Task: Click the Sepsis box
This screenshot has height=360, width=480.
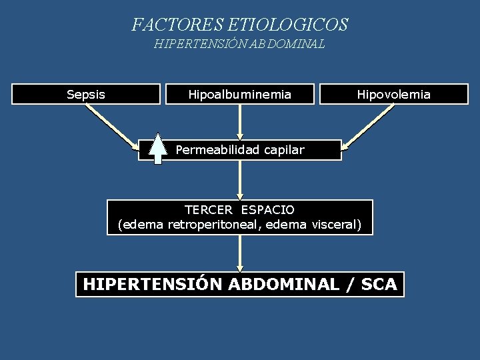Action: click(86, 94)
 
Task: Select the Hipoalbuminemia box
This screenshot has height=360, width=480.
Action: click(240, 94)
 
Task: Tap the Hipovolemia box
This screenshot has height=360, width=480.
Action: click(394, 94)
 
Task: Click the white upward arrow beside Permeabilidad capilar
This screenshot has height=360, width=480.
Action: click(157, 149)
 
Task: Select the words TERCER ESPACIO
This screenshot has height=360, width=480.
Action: click(239, 209)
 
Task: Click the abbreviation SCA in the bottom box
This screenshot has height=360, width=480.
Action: click(379, 285)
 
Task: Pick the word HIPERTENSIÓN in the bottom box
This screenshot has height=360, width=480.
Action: click(153, 285)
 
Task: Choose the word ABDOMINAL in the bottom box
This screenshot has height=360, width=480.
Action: click(284, 285)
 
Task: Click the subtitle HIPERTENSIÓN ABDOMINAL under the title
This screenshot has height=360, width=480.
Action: click(239, 45)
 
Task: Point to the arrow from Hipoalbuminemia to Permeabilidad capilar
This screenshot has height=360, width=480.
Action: click(240, 121)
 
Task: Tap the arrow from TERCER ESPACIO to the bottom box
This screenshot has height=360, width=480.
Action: click(240, 253)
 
